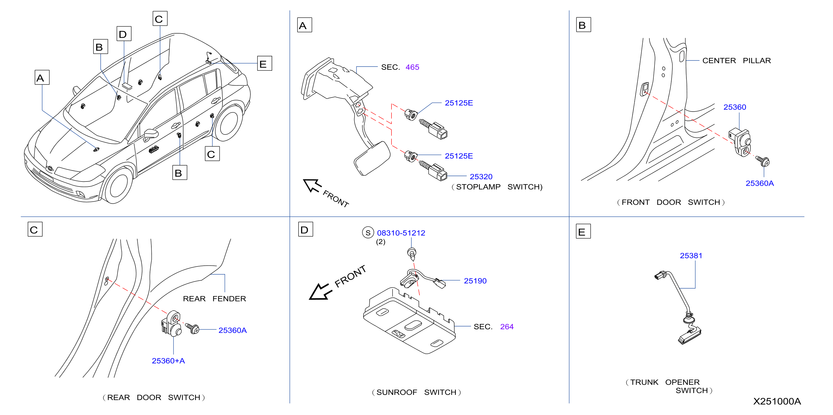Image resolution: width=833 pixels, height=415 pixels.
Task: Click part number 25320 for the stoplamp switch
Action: (481, 177)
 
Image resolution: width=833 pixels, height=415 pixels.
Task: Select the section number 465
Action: (412, 67)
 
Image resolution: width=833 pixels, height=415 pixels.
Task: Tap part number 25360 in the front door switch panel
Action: (735, 107)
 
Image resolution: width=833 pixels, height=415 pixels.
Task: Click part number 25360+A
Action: (168, 361)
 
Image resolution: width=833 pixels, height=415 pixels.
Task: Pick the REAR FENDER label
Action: (214, 299)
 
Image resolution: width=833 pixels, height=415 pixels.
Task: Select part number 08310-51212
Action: (401, 233)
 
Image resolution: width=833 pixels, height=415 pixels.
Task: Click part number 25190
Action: (475, 281)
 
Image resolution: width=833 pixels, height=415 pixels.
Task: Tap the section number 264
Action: (507, 327)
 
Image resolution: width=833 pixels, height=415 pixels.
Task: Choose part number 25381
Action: (691, 256)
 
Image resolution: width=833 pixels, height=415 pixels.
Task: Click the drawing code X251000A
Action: (777, 401)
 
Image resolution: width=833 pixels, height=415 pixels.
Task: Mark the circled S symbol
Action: (368, 233)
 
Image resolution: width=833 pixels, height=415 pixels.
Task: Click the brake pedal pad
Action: (372, 158)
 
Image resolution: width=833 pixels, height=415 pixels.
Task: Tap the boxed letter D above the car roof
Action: (124, 34)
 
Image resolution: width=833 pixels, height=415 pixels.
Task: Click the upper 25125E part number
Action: (459, 103)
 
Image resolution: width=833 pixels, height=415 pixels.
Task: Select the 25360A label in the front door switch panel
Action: (760, 183)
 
